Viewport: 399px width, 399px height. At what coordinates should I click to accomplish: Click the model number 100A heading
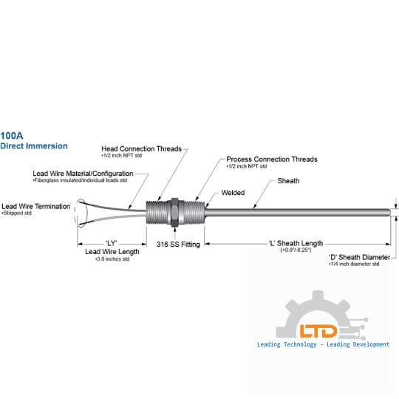pos(12,136)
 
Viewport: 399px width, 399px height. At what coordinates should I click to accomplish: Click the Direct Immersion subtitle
pos(34,146)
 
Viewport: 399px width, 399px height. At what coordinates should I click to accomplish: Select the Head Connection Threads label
pos(141,149)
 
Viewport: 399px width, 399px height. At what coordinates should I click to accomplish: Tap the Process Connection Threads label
pos(272,160)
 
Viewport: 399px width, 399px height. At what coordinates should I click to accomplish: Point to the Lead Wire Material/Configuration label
pos(83,174)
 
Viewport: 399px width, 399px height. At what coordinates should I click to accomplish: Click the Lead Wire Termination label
pos(36,206)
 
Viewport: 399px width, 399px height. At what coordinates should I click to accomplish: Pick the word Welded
pos(233,193)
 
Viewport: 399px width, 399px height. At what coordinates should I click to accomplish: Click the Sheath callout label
pos(288,181)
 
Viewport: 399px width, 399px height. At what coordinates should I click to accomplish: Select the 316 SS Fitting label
pos(178,245)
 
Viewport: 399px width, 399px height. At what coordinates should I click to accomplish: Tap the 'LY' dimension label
pos(111,243)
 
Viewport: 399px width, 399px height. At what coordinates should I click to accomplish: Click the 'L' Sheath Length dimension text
pos(296,243)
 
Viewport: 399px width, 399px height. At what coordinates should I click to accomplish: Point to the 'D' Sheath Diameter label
pos(359,257)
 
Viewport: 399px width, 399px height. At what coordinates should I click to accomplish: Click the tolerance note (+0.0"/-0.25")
pos(296,250)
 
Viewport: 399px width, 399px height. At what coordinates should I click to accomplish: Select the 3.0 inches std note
pos(112,259)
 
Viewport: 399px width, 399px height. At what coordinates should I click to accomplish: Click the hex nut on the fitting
pos(174,212)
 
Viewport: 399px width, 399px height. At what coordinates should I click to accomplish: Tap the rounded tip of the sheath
pos(389,213)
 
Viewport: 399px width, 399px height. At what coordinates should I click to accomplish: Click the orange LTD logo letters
pos(318,331)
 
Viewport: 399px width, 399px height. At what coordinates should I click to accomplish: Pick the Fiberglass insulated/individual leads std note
pos(80,180)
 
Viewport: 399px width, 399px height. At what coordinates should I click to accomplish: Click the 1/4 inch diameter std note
pos(354,264)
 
